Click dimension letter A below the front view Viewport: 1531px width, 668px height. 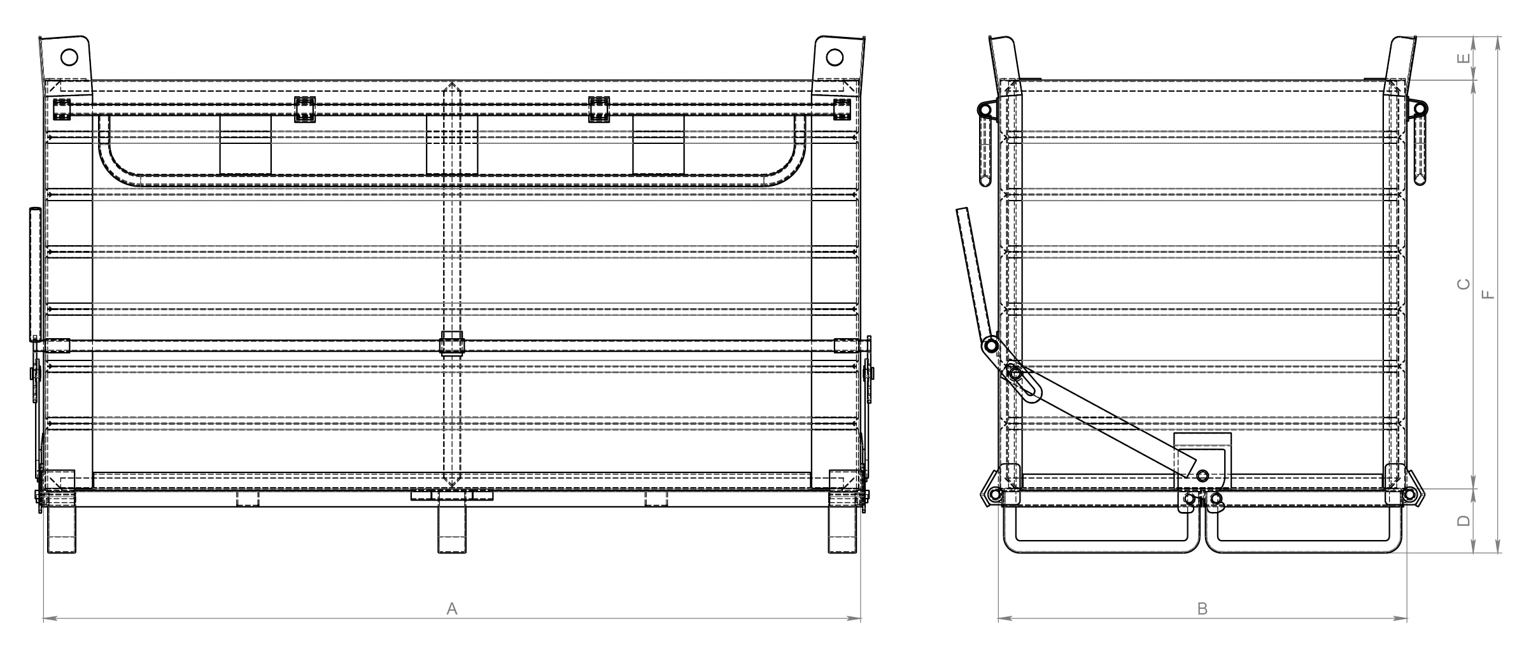[x=452, y=609]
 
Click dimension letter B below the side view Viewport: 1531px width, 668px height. [x=1203, y=609]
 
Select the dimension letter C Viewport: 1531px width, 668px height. [x=1464, y=284]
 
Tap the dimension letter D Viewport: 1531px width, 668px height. [x=1464, y=521]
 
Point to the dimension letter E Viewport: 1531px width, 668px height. [x=1464, y=58]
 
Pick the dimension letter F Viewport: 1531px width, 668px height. [x=1487, y=295]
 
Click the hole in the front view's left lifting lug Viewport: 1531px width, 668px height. [x=69, y=57]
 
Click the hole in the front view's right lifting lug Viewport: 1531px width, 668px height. [x=834, y=57]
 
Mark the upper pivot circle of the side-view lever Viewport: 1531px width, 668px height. [x=991, y=346]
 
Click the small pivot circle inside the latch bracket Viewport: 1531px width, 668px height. [x=1203, y=476]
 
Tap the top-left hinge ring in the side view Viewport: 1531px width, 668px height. [x=985, y=110]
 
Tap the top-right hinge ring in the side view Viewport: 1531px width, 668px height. [x=1420, y=109]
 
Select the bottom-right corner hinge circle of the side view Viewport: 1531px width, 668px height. [x=1409, y=494]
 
